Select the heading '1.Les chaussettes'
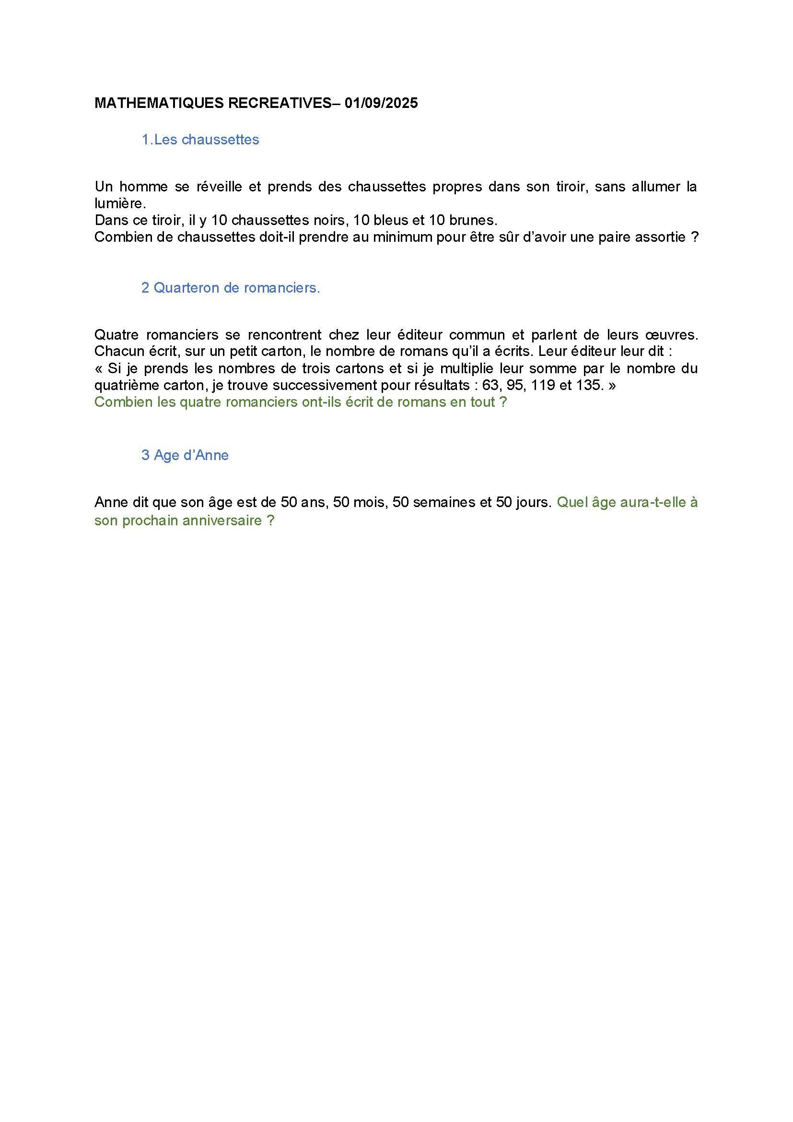click(200, 140)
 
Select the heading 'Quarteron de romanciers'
click(236, 288)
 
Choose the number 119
click(551, 385)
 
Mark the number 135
click(589, 385)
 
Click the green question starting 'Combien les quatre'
click(300, 402)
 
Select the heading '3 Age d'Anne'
click(185, 455)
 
